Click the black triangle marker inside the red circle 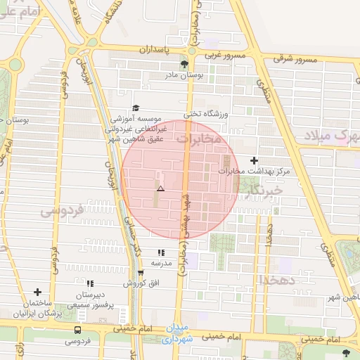pyautogui.click(x=160, y=188)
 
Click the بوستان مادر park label pyautogui.click(x=184, y=74)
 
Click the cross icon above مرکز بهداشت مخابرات pyautogui.click(x=254, y=160)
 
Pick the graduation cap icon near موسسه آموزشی pyautogui.click(x=136, y=107)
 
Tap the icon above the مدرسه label pyautogui.click(x=161, y=252)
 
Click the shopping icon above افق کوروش pyautogui.click(x=141, y=274)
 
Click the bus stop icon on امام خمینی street pyautogui.click(x=77, y=330)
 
